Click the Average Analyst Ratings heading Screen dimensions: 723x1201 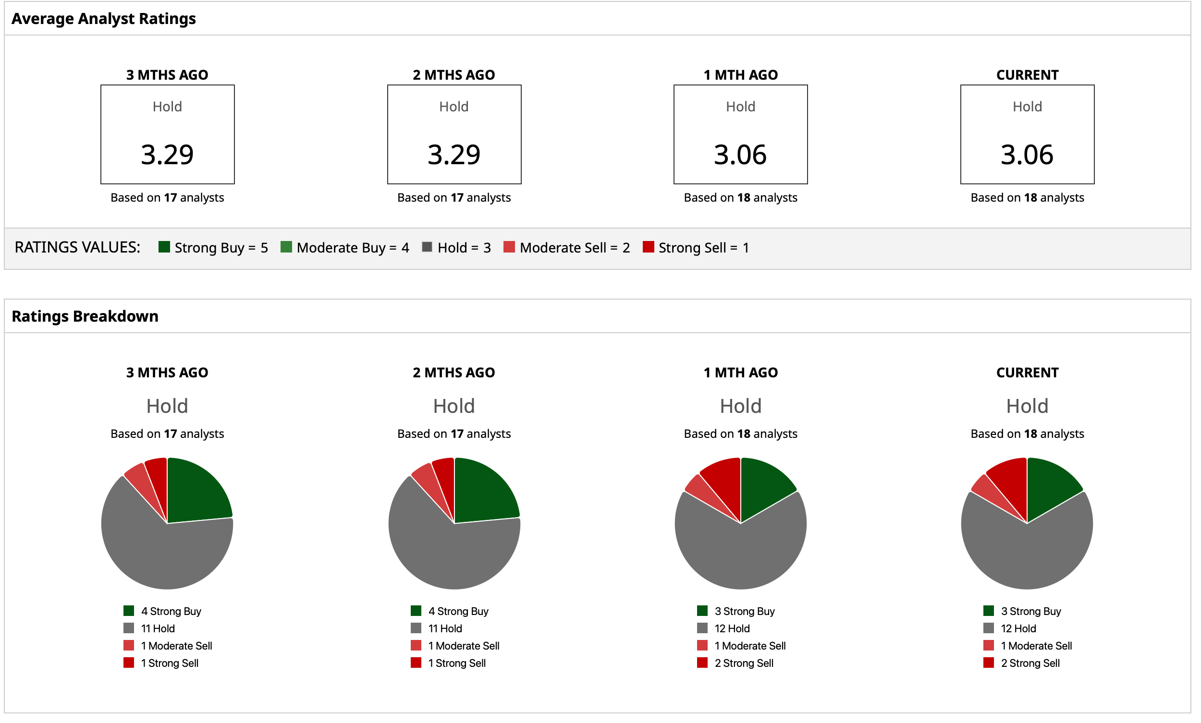coord(103,19)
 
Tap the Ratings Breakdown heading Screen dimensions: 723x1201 coord(85,317)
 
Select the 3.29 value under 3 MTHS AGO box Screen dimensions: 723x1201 coord(167,155)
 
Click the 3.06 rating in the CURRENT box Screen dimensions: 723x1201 coord(1028,155)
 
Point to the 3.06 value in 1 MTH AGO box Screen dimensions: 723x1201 coord(740,155)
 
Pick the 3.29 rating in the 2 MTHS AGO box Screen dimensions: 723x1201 coord(454,155)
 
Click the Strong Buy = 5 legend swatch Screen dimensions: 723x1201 coord(164,248)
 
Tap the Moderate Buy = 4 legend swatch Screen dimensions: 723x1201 coord(286,248)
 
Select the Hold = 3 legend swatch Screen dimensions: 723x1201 coord(427,248)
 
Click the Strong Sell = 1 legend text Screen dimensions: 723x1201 coord(703,248)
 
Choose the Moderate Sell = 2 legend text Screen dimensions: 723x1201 coord(575,248)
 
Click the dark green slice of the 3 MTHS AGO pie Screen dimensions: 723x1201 coord(195,492)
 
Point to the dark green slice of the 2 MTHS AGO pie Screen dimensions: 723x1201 coord(482,492)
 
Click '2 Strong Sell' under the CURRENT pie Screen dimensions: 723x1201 coord(1030,663)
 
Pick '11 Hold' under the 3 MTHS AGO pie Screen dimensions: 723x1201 coord(158,629)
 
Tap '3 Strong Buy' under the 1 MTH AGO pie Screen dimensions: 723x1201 coord(744,612)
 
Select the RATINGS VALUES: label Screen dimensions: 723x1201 coord(77,248)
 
